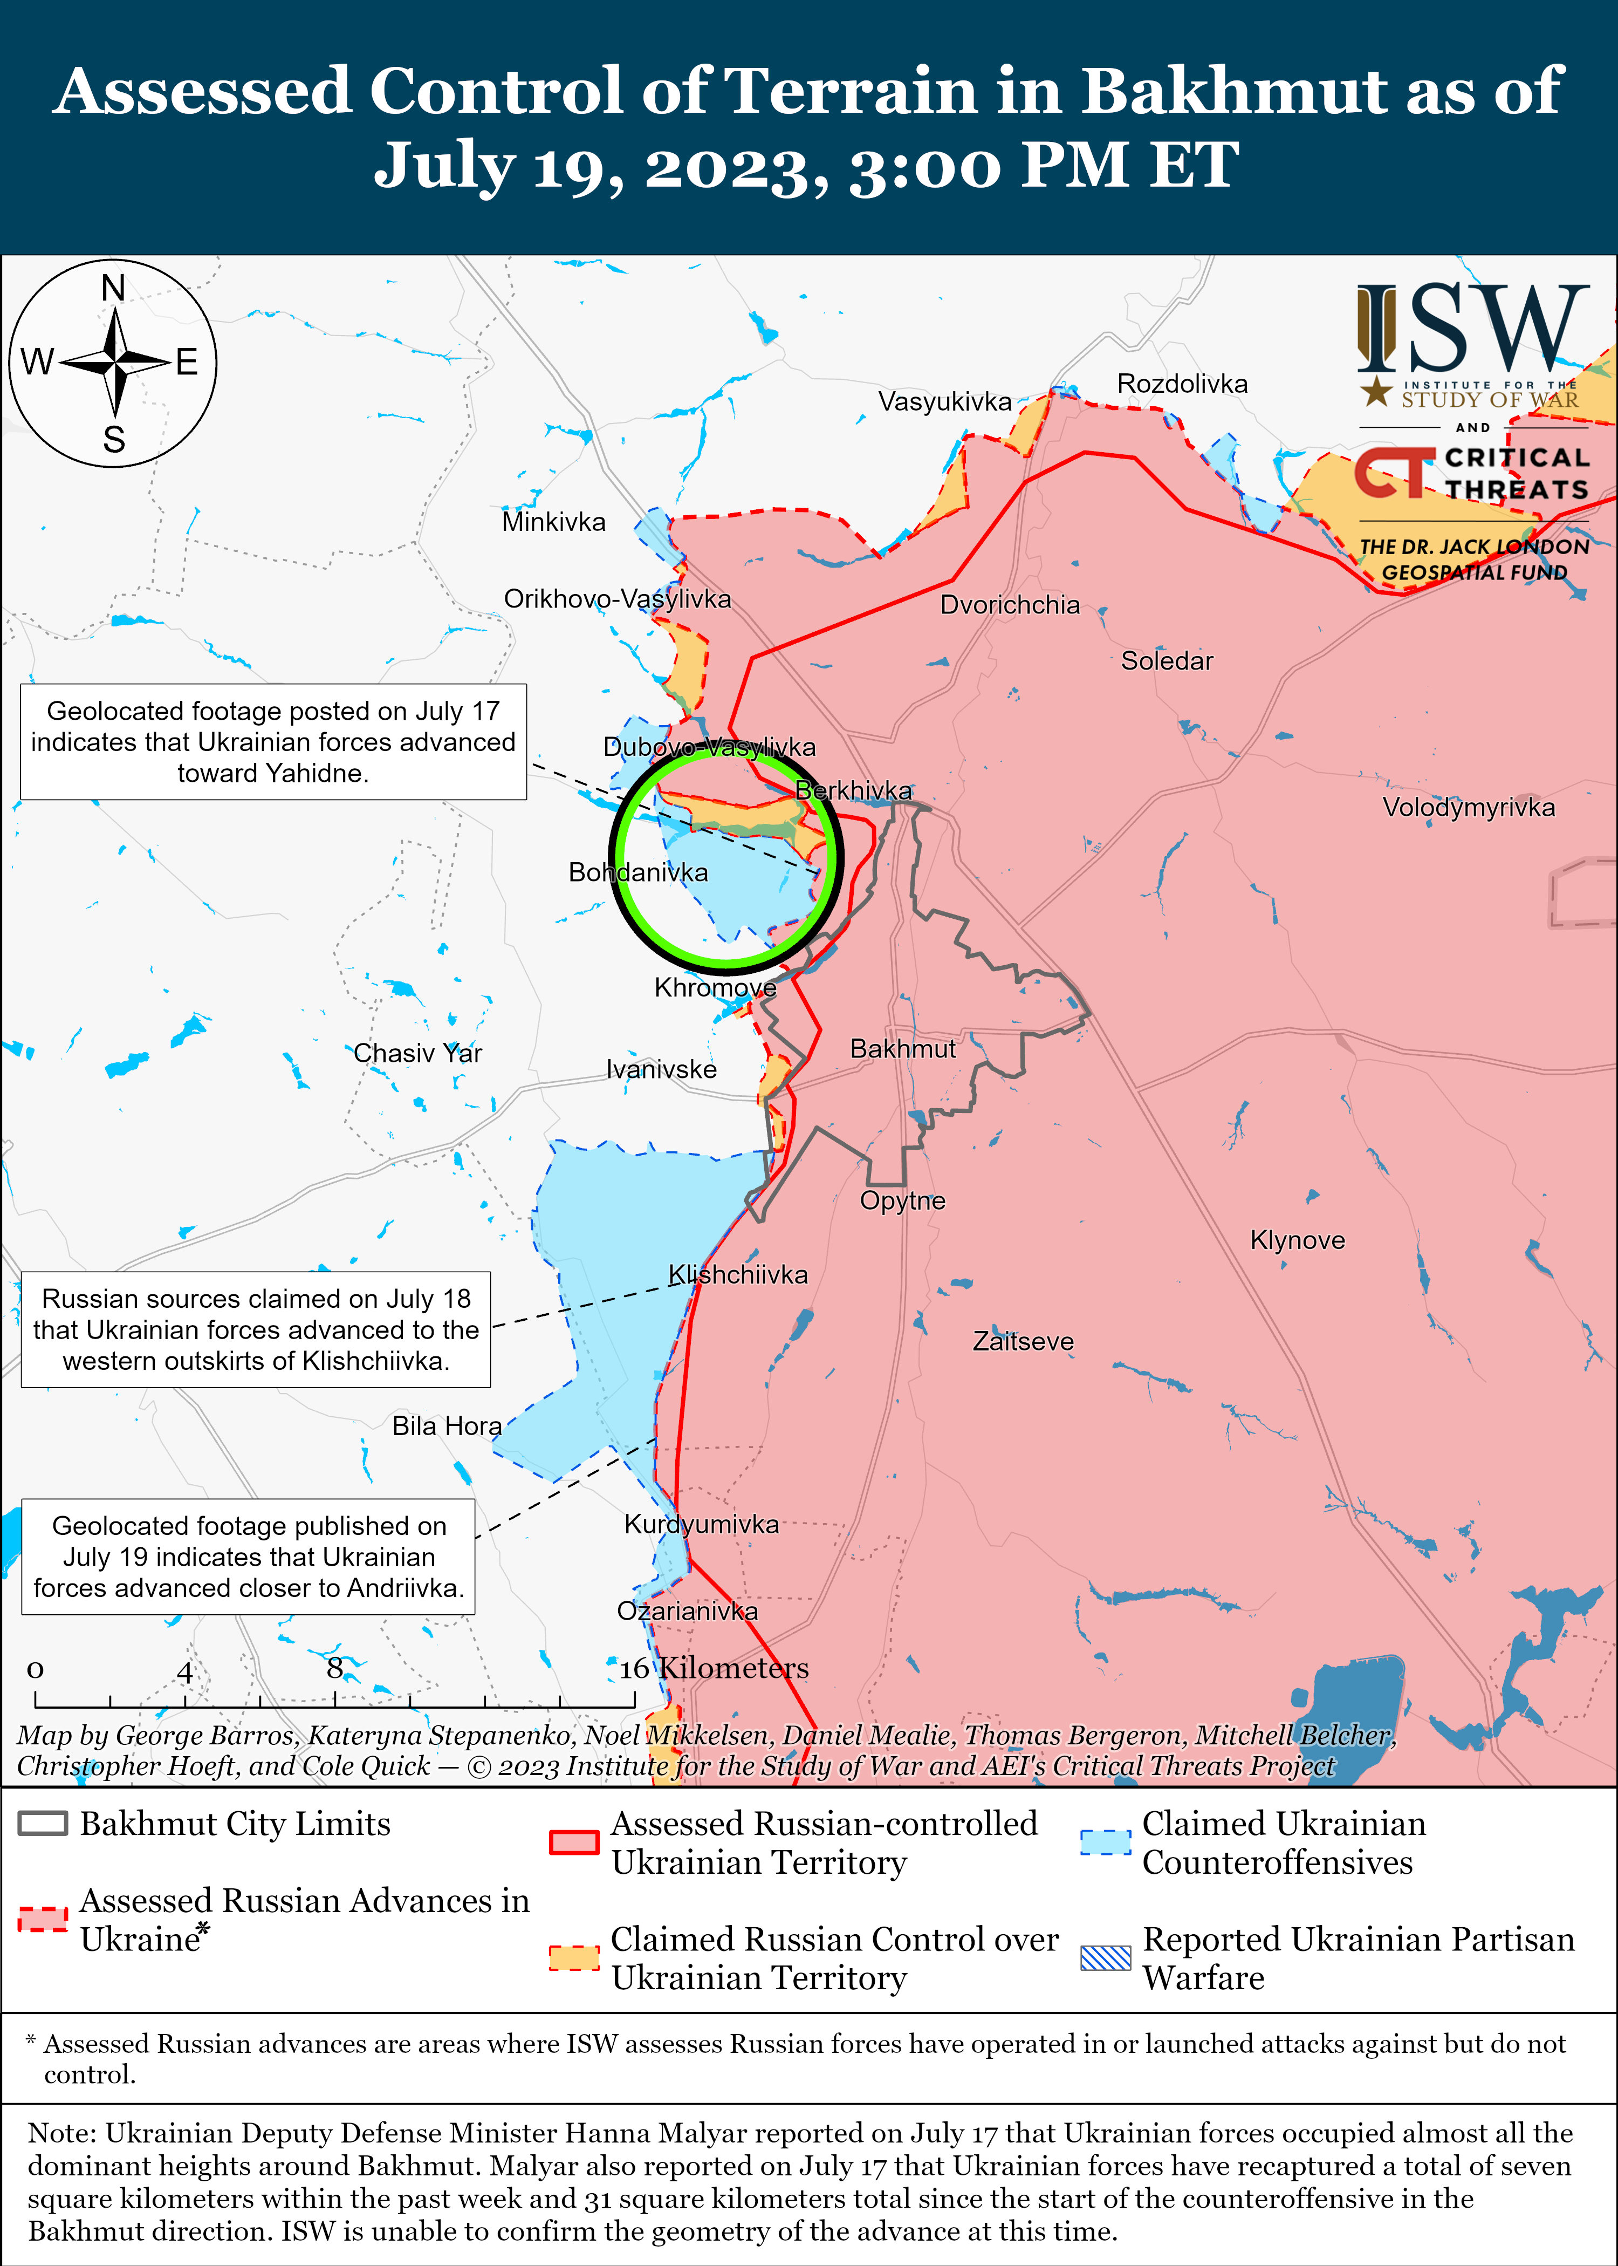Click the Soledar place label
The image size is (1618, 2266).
click(1167, 661)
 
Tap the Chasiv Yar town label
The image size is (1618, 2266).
click(417, 1053)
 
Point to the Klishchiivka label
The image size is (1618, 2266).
click(737, 1274)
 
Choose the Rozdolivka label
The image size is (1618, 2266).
click(1182, 384)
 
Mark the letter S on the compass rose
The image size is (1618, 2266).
click(114, 440)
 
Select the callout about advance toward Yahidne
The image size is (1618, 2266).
click(273, 741)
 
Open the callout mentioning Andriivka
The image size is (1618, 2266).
click(248, 1557)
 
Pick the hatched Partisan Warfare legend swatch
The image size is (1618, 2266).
click(1105, 1958)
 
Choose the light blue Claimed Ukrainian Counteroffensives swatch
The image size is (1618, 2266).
click(1105, 1842)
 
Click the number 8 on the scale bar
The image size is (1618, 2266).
click(335, 1668)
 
